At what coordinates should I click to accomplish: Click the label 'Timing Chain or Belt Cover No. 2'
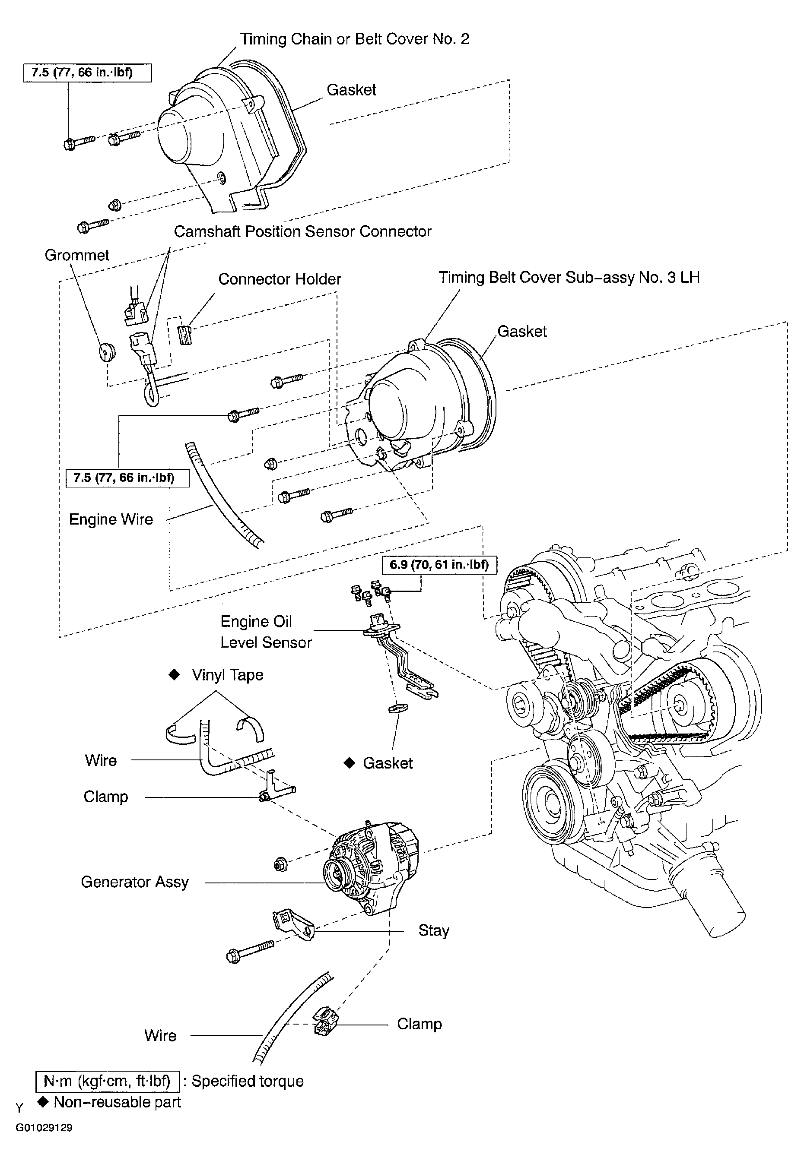pos(354,39)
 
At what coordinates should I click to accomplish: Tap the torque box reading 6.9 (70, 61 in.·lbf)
pos(439,564)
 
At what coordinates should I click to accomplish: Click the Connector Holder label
pos(280,279)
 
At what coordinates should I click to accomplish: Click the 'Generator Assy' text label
pos(134,882)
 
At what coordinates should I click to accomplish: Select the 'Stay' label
pos(433,930)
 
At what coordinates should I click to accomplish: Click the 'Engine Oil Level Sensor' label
pos(266,632)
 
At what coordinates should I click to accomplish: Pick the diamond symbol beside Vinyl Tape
pos(174,675)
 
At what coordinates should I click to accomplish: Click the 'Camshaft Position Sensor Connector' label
pos(302,231)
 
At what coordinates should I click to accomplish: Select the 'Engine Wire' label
pos(111,519)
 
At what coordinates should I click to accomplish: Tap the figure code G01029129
pos(44,1127)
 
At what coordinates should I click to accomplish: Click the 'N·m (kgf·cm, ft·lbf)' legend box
pos(107,1081)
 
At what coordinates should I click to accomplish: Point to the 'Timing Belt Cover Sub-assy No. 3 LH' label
pos(568,278)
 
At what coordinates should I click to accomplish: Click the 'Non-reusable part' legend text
pos(117,1102)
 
